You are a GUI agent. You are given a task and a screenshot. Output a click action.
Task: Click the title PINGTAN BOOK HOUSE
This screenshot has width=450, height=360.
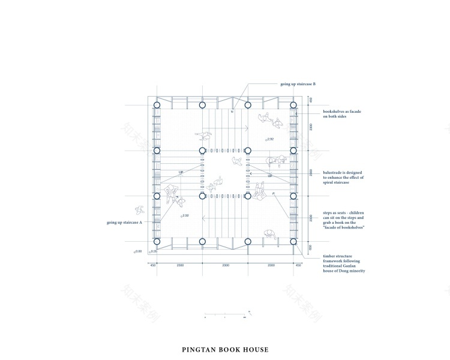(225, 349)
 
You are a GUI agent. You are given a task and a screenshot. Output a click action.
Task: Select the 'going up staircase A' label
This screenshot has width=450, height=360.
(124, 223)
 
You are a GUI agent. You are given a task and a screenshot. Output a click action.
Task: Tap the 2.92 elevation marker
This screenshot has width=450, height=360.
(269, 139)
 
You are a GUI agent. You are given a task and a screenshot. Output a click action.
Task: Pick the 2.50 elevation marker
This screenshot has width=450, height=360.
(185, 215)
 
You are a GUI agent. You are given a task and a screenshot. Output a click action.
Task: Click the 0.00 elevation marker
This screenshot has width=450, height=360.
(137, 251)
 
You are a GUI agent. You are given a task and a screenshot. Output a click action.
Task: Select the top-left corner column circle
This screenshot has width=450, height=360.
(157, 105)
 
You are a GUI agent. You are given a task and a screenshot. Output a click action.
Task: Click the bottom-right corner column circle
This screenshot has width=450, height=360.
(293, 242)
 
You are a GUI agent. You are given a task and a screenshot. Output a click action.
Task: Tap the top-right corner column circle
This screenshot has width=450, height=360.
(293, 105)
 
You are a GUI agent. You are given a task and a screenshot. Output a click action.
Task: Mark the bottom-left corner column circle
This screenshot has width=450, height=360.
(157, 242)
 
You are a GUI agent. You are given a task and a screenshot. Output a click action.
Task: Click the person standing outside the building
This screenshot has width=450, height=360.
(140, 210)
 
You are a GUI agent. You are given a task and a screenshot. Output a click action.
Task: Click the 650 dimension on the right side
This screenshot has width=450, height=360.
(310, 247)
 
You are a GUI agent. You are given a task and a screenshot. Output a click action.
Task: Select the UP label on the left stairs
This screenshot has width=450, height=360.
(181, 172)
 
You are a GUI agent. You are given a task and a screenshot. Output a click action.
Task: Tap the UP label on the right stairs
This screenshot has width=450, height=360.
(270, 176)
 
